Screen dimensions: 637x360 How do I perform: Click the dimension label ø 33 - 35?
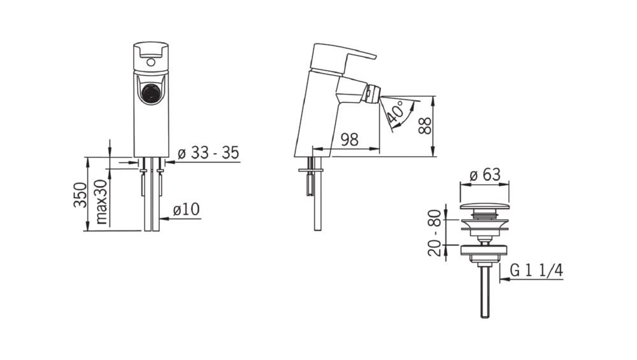tap(208, 153)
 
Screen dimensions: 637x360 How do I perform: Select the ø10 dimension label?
tap(186, 210)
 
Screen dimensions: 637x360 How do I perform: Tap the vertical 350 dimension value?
tap(80, 195)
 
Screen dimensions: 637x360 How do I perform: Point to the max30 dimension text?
tap(101, 201)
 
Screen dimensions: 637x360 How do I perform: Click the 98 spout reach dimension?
tap(349, 140)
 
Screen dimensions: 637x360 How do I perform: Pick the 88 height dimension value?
tap(425, 126)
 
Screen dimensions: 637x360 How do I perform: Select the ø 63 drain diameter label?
tap(485, 175)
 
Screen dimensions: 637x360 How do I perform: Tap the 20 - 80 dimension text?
tap(434, 233)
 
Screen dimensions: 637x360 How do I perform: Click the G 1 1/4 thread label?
tap(536, 270)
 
